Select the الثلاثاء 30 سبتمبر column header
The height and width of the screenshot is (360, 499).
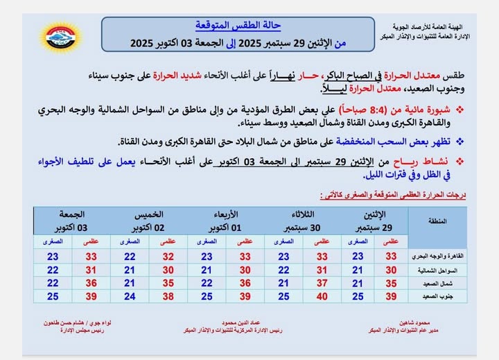coord(302,221)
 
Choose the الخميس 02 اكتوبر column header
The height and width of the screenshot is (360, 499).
coord(149,221)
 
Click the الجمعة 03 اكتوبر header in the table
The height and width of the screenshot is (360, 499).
coord(73,221)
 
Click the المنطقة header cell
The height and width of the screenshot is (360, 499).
coord(435,221)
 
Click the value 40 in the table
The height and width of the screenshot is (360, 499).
coord(322,296)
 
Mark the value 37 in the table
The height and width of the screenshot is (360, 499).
coord(322,283)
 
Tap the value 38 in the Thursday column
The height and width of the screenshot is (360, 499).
coord(168,296)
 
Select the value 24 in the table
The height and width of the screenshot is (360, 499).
coord(130,296)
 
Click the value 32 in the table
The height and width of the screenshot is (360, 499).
coord(168,256)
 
